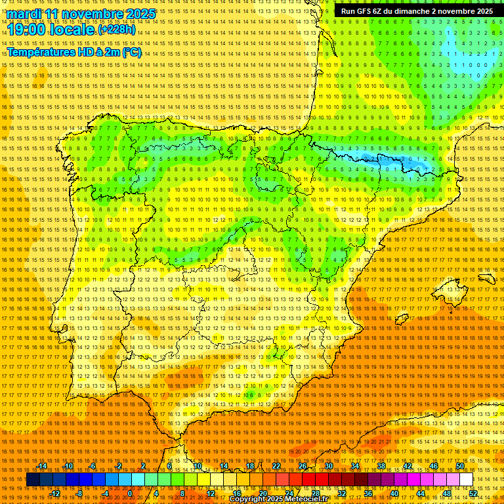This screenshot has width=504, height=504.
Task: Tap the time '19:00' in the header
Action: click(x=27, y=30)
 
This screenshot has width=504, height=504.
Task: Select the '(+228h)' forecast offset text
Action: click(x=117, y=30)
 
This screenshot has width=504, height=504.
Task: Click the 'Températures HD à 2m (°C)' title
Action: click(x=73, y=52)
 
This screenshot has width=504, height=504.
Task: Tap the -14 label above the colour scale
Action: click(x=42, y=466)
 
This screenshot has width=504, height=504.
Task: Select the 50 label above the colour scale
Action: click(x=460, y=466)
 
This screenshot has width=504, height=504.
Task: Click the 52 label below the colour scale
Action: click(x=473, y=493)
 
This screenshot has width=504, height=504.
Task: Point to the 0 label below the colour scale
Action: click(x=131, y=493)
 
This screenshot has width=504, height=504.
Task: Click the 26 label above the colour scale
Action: click(x=303, y=466)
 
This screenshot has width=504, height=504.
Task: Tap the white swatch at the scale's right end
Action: click(x=467, y=480)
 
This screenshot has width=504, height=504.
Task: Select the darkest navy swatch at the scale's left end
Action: click(x=33, y=480)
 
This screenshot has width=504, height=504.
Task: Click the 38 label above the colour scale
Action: click(x=381, y=466)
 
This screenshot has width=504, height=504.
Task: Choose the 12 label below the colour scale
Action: click(x=211, y=493)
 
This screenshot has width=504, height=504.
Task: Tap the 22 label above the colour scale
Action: click(x=276, y=466)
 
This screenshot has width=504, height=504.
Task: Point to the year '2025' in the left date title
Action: click(x=139, y=14)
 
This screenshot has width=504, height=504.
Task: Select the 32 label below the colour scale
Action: click(x=342, y=493)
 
